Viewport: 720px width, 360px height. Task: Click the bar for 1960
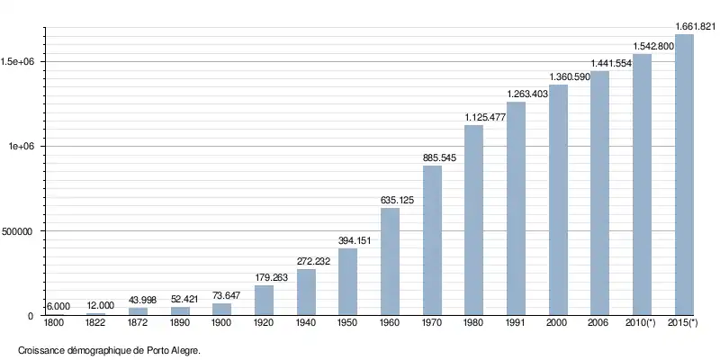coord(390,262)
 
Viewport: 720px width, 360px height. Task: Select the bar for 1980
coord(473,220)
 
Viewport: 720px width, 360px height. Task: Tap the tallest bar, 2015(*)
coord(684,175)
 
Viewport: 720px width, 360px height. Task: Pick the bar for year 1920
coord(264,301)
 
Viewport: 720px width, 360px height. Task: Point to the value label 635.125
coord(390,200)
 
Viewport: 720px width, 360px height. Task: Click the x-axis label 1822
coord(95,323)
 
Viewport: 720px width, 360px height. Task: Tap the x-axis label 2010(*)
coord(642,323)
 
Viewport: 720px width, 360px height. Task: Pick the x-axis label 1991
coord(516,323)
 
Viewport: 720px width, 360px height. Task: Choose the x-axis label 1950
coord(347,323)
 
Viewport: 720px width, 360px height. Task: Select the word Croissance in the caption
coord(40,350)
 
